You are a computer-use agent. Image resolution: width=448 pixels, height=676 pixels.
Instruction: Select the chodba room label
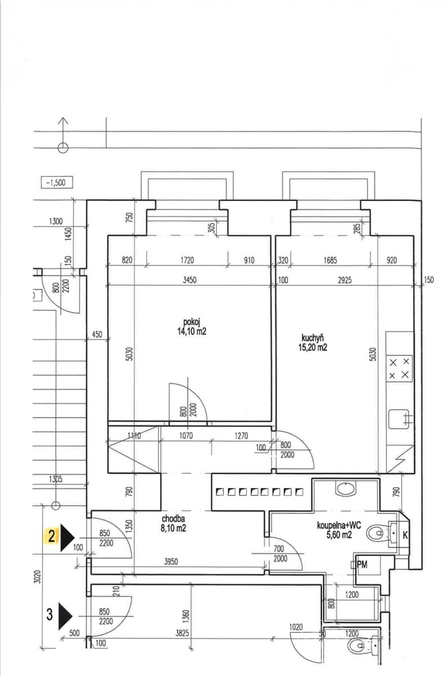tap(174, 518)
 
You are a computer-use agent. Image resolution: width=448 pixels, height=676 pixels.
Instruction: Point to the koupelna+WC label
tap(339, 525)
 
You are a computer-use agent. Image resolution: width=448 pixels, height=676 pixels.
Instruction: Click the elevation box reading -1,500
tap(57, 183)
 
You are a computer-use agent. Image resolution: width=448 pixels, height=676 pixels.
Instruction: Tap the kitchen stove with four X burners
tap(399, 368)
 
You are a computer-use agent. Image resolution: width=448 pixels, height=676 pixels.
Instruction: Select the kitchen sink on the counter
tap(399, 419)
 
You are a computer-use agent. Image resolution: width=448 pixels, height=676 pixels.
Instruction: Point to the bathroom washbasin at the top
tap(345, 488)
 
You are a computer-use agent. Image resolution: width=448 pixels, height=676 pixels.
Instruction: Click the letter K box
tap(405, 535)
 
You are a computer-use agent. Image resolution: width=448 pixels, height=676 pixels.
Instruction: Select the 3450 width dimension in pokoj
tap(189, 280)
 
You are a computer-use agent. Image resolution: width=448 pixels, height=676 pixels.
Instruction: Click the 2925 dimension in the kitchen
tap(345, 280)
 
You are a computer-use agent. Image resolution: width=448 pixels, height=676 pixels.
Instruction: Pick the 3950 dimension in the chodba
tap(171, 562)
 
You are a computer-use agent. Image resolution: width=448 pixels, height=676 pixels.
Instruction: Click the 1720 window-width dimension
tap(187, 260)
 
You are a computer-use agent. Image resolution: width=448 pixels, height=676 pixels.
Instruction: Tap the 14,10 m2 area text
tap(192, 331)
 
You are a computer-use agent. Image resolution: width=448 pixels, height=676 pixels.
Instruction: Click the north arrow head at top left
tap(63, 121)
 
